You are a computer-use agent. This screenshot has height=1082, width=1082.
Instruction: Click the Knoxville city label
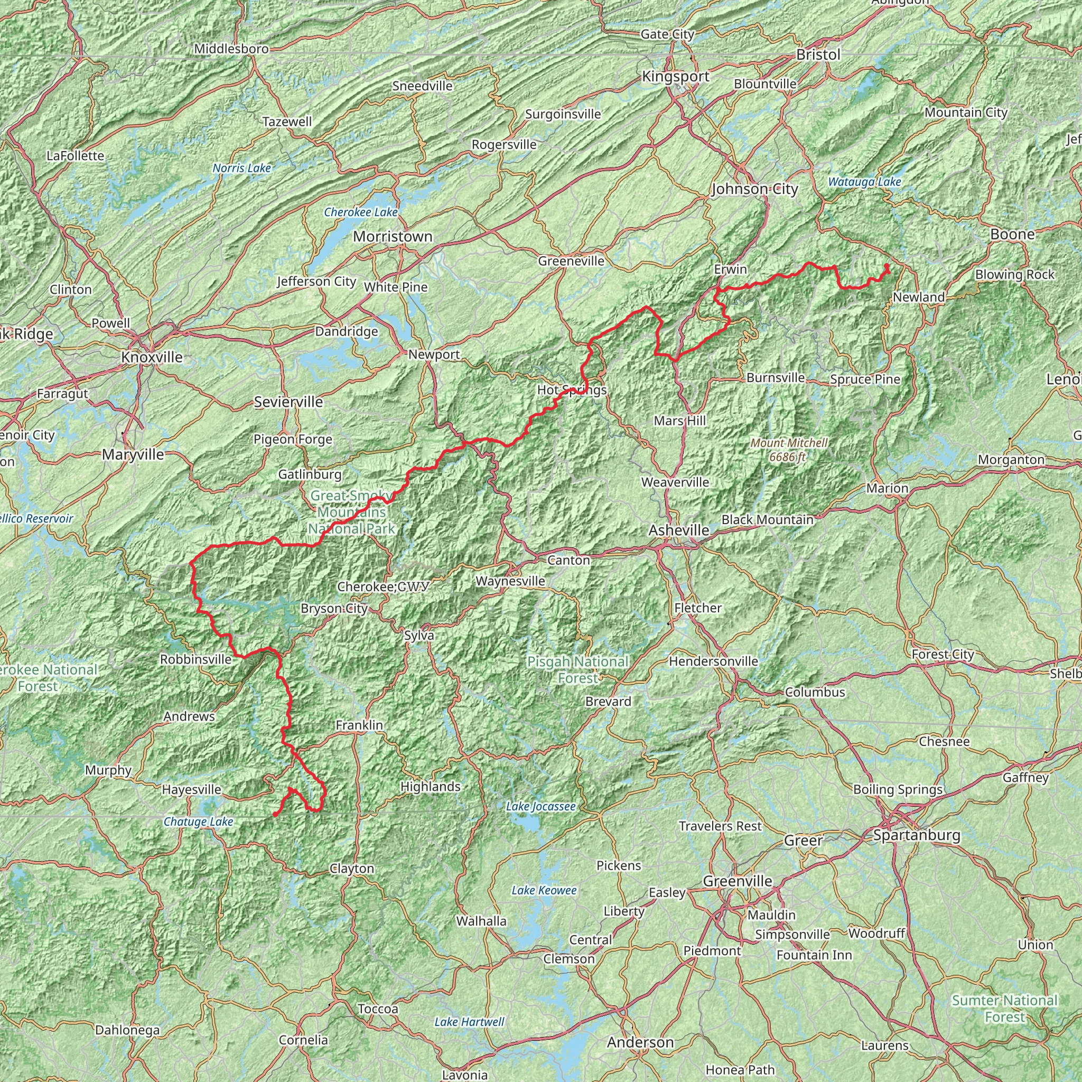(x=152, y=357)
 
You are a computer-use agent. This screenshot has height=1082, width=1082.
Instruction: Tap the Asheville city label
(x=679, y=530)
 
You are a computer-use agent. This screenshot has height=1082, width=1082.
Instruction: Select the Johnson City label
(x=754, y=189)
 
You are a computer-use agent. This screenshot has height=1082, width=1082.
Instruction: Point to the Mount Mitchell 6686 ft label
(x=789, y=450)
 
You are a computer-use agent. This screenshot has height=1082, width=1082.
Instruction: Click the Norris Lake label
(x=242, y=168)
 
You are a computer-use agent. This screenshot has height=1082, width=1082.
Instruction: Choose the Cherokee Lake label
(x=361, y=212)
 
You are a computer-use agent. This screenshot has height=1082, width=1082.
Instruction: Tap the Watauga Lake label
(x=864, y=181)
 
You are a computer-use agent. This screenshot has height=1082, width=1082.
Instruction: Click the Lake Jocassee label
(x=540, y=806)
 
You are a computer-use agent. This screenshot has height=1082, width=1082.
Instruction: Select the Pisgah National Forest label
(x=578, y=670)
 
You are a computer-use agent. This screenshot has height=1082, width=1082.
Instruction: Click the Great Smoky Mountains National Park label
(x=351, y=512)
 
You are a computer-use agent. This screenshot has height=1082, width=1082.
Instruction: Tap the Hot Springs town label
(x=572, y=390)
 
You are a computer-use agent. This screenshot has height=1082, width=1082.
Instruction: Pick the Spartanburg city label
(x=917, y=835)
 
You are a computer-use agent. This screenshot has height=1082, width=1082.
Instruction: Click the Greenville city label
(x=738, y=881)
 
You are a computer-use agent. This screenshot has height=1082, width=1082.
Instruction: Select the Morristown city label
(x=393, y=237)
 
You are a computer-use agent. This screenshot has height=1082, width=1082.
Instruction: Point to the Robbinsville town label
(x=195, y=659)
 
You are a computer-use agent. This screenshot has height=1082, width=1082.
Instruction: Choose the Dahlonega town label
(x=128, y=1030)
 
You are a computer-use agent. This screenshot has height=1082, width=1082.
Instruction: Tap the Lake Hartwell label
(x=469, y=1022)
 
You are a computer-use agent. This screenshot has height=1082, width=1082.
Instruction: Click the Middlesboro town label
(x=231, y=49)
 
